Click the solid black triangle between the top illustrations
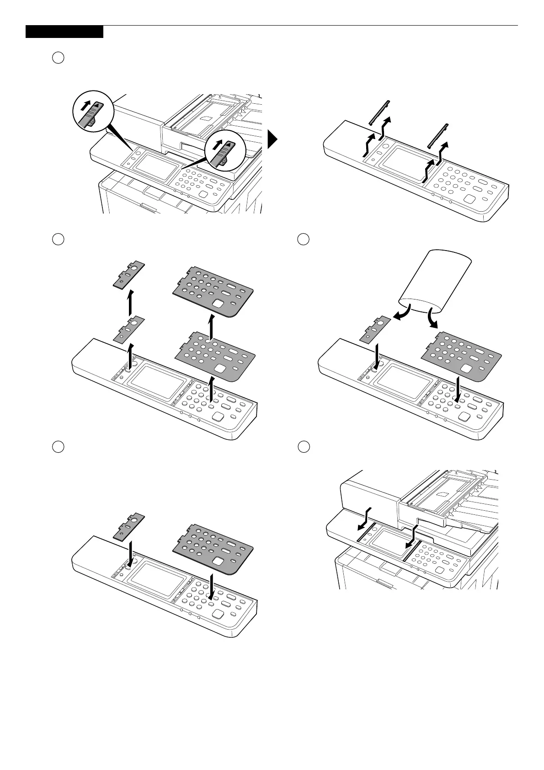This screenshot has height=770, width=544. point(272,140)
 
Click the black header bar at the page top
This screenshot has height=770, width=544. point(64,32)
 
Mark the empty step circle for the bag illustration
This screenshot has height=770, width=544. point(302,239)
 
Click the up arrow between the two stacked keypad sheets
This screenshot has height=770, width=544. point(209,327)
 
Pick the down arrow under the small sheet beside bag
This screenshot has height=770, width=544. point(377,355)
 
